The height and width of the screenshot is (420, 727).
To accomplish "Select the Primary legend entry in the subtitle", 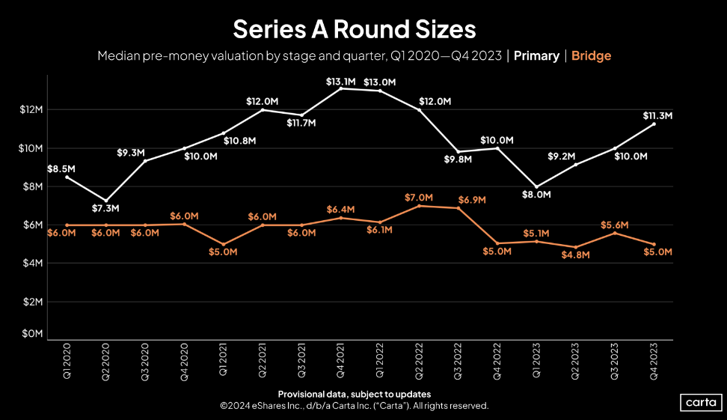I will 536,56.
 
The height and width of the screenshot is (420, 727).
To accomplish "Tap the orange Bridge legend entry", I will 591,56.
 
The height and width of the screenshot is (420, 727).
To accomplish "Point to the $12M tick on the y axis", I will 30,110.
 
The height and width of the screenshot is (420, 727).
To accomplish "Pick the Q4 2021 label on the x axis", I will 341,362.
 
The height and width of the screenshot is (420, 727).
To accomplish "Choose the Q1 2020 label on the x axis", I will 67,362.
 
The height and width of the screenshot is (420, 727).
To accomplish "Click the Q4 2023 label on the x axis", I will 655,362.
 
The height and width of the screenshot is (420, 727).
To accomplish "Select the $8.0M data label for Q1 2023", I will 536,195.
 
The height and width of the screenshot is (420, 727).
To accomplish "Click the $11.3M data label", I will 657,116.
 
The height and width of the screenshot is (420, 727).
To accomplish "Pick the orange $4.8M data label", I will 576,255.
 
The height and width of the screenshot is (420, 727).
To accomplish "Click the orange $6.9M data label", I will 472,200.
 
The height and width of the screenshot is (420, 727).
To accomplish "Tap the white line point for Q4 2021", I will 341,88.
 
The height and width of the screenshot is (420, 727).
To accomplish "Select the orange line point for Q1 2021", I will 224,244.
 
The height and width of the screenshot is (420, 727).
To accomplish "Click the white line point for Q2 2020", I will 106,201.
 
